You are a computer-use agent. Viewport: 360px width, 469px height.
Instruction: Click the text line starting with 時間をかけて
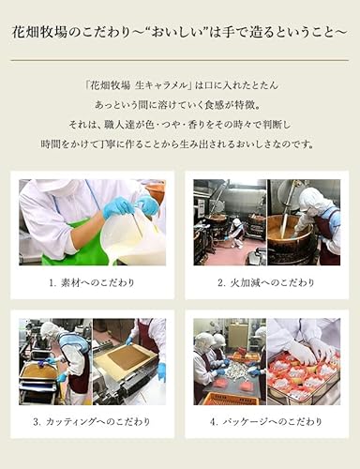point(180,144)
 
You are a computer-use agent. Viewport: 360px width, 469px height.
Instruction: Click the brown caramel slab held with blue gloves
point(121,359)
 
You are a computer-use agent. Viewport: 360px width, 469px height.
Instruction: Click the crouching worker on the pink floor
point(237,228)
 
